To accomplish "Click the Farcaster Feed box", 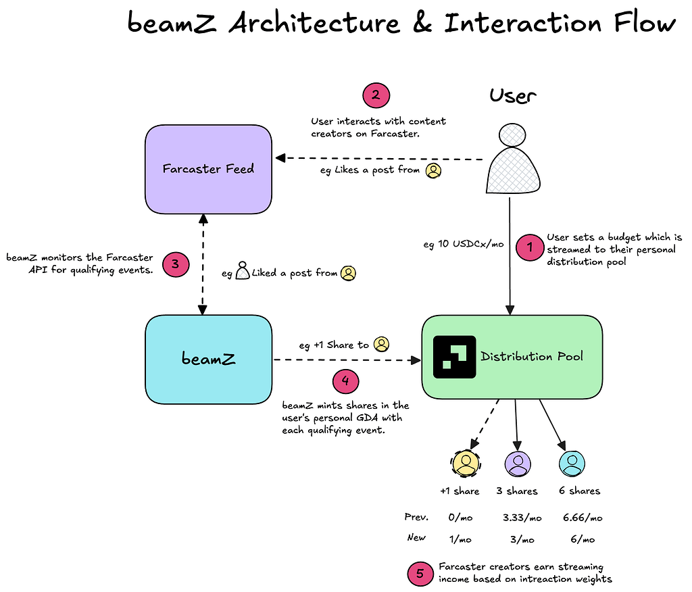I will pos(208,169).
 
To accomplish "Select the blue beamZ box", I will pos(208,360).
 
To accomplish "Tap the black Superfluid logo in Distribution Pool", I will pos(453,356).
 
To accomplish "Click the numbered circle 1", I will pos(530,248).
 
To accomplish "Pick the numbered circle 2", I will pos(376,95).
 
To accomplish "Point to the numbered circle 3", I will pos(175,264).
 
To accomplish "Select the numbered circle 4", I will pos(345,382).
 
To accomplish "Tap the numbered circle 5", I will pos(420,574).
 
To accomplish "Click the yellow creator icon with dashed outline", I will pos(466,463).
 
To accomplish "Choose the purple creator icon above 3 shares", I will pos(518,463).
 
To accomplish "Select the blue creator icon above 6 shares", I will pos(572,463).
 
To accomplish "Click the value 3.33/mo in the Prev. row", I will pos(522,518).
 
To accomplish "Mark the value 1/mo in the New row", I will pos(460,540).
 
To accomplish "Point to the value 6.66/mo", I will pos(582,518).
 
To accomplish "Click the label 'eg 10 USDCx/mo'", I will pos(464,245).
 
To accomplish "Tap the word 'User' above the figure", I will pos(513,96).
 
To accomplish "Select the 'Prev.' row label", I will pos(417,518).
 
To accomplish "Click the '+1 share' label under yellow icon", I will pos(460,491).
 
